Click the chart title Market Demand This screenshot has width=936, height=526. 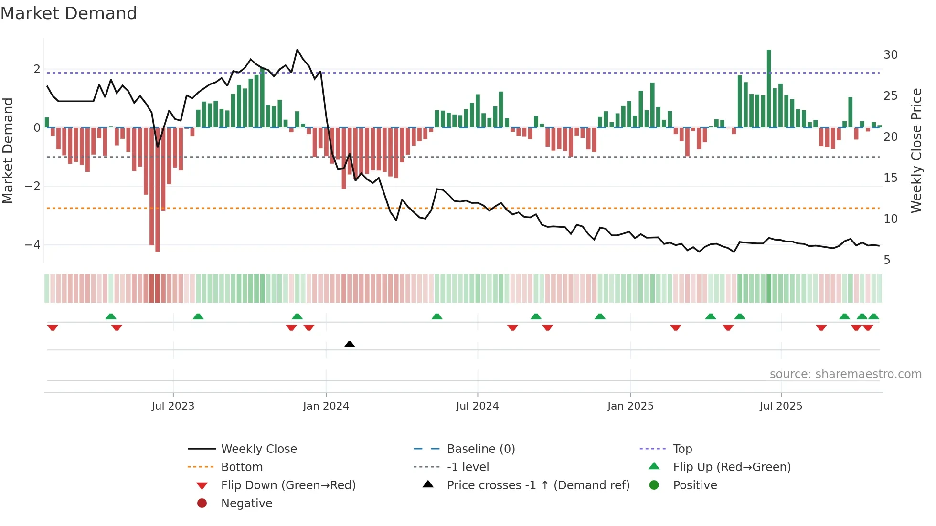[x=69, y=13]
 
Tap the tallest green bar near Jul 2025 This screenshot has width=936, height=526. [x=769, y=88]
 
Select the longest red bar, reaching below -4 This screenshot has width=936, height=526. [x=158, y=191]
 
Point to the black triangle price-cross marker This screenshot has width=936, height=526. [x=350, y=344]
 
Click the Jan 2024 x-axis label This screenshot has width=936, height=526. [x=326, y=406]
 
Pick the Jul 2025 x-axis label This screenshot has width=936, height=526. [x=781, y=406]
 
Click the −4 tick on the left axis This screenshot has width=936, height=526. [x=33, y=245]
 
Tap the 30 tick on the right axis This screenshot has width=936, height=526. [x=891, y=55]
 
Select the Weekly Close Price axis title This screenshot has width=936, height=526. [x=916, y=150]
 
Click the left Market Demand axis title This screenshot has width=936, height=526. [x=8, y=150]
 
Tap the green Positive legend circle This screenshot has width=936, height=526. [x=654, y=485]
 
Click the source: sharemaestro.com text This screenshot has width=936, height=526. [x=845, y=374]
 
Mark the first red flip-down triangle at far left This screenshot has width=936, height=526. [x=53, y=327]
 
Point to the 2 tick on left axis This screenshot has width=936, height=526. [x=37, y=69]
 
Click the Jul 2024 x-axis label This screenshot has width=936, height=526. [x=477, y=406]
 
